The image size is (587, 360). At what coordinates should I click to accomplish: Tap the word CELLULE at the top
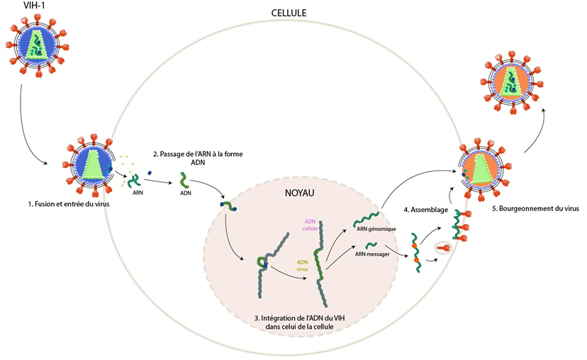289,13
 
